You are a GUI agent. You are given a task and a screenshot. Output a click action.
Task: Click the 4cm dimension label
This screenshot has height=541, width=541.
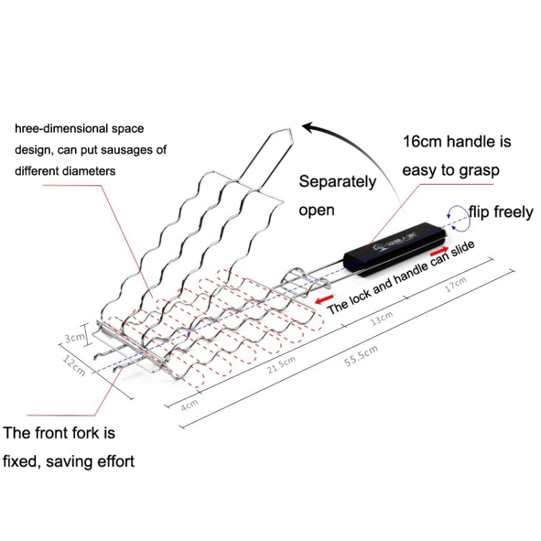point(190,406)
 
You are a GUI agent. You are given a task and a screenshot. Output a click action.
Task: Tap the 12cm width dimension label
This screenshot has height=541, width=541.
point(74,366)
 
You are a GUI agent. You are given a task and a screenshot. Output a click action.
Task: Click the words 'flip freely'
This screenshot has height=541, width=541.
point(501,212)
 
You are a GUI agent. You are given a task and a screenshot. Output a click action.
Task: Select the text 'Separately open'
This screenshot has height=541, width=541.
point(337,195)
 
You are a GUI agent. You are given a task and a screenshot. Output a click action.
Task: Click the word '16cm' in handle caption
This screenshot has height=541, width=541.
point(422,141)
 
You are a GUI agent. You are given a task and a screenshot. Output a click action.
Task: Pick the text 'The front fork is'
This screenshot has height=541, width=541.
point(59,434)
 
